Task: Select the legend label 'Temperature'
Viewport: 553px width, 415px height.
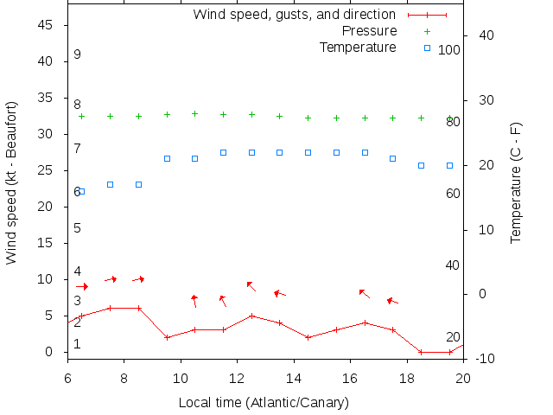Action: [358, 47]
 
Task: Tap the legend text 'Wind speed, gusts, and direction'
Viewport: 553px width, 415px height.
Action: [294, 15]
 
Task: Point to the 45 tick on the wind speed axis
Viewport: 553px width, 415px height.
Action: [47, 25]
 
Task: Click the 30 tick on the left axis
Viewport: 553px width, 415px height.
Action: [47, 134]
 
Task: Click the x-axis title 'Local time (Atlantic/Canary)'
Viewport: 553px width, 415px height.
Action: [264, 402]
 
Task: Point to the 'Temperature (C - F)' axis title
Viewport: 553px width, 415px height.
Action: [516, 182]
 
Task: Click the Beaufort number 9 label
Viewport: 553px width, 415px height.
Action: [77, 54]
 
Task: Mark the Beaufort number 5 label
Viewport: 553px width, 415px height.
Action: [77, 228]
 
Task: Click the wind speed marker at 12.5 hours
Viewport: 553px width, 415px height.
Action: [251, 316]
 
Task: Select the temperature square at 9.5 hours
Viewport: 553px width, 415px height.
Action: [167, 158]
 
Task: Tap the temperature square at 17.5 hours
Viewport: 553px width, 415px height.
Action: [392, 158]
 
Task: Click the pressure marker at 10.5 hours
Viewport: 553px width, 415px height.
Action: [194, 113]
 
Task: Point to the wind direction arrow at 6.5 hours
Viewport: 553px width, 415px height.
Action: [81, 286]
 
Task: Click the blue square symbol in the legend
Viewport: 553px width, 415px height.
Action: [427, 48]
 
